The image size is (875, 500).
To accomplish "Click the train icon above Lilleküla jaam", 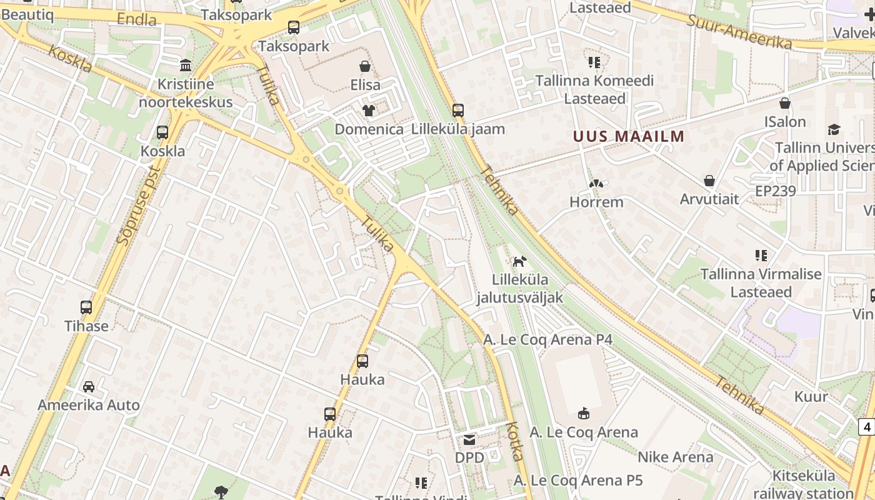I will click(458, 111).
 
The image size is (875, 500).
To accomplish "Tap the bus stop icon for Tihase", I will click(86, 307).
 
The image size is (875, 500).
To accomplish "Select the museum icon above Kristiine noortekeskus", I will click(186, 65).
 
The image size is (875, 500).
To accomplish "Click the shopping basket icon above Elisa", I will click(365, 66).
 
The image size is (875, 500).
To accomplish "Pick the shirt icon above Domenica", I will click(369, 111).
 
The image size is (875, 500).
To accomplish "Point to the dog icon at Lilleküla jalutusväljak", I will click(519, 261).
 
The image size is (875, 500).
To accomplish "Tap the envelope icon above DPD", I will click(469, 440).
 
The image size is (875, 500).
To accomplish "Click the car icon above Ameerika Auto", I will click(89, 386).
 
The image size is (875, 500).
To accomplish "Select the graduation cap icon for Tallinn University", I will click(834, 129).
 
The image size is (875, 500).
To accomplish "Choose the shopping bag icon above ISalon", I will click(785, 103).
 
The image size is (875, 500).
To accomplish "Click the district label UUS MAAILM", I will click(629, 136).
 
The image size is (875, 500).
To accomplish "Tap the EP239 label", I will click(776, 191).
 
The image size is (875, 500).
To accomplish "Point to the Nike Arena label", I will click(675, 457).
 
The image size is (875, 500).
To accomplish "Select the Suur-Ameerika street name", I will click(739, 31).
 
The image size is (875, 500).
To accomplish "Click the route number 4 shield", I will click(866, 427).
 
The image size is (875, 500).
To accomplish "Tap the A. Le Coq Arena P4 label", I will click(548, 339).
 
